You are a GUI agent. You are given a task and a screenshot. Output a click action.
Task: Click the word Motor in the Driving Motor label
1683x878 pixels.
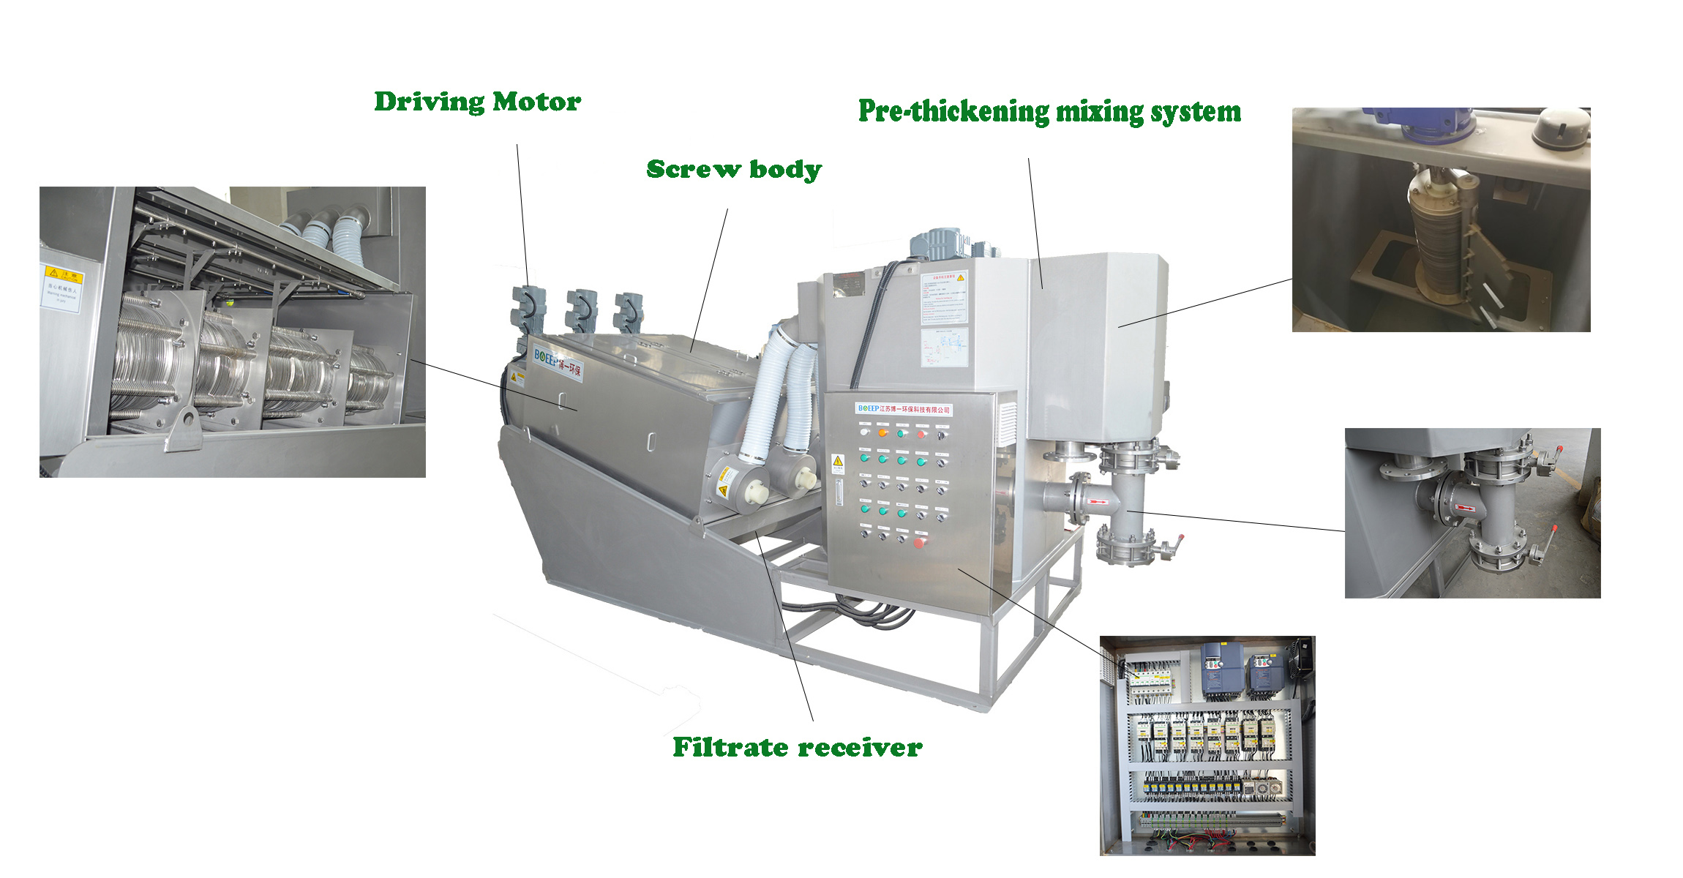(536, 102)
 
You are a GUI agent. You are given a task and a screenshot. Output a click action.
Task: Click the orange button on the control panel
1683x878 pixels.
(882, 433)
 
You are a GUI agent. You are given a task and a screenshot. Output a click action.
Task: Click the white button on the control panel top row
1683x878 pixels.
(864, 432)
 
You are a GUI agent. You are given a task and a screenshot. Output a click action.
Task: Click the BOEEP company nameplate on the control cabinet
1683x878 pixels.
(904, 409)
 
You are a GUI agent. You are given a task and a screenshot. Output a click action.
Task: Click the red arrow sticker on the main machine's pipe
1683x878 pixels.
(1096, 503)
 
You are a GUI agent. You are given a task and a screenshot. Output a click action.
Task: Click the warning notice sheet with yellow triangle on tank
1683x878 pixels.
(944, 298)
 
